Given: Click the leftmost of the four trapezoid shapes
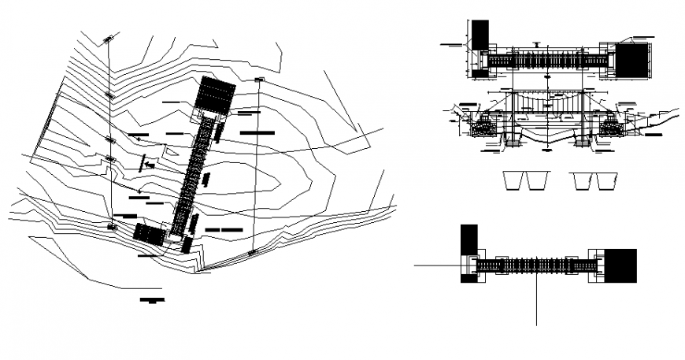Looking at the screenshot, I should click(513, 180).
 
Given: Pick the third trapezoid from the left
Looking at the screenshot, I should click(583, 180).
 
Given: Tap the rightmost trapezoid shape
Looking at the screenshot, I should click(605, 180).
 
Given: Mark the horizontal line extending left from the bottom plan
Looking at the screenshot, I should click(438, 266).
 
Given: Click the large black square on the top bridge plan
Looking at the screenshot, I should click(632, 61).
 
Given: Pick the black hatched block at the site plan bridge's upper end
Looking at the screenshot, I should click(215, 95).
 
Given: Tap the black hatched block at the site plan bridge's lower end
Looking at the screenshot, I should click(148, 234).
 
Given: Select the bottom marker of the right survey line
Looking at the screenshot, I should click(252, 252).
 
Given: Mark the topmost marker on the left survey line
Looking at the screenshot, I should click(107, 37).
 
